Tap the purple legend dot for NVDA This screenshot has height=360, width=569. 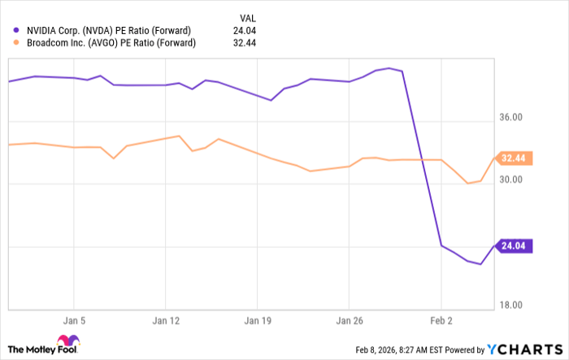17,29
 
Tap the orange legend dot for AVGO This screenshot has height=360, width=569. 17,43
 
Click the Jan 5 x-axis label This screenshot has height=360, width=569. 74,320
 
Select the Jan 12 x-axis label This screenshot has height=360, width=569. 166,320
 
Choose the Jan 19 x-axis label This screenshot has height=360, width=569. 258,320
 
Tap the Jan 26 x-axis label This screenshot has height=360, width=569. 349,320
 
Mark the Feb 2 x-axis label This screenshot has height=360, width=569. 441,320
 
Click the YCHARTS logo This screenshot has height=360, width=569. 524,349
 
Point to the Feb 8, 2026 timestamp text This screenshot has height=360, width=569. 419,350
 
